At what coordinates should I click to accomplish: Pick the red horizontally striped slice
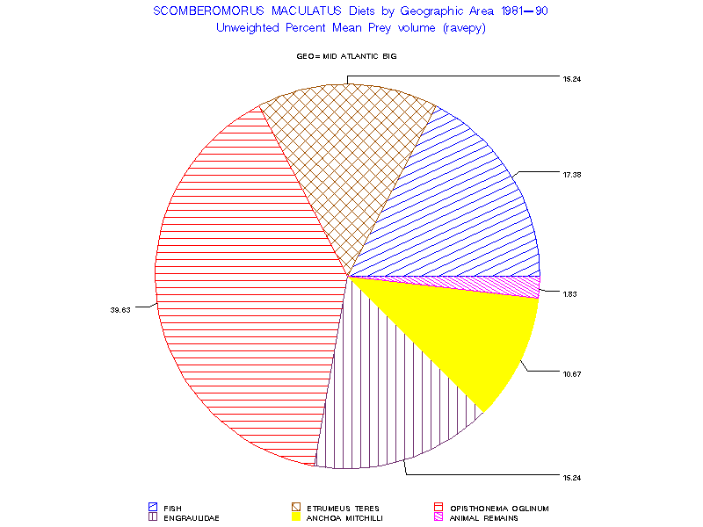point(237,281)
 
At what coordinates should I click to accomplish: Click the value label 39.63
point(120,309)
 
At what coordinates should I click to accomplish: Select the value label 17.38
point(572,175)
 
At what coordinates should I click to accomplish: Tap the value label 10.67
point(572,373)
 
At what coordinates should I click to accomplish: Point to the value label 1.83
point(569,293)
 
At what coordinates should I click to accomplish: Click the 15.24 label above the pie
point(572,79)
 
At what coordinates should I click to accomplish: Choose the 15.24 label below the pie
point(572,477)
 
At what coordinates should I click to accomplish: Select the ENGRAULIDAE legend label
point(185,518)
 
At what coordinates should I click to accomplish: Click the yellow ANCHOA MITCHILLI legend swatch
point(296,518)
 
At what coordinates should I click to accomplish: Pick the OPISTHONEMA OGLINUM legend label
point(499,508)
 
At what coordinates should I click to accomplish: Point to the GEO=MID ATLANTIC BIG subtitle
point(351,56)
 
